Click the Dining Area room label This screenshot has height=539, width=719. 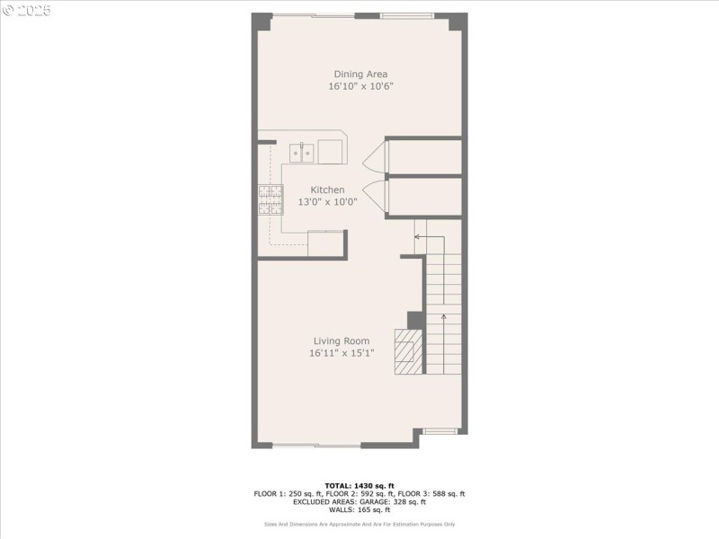coord(360,75)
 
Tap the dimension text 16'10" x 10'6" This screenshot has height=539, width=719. coord(360,87)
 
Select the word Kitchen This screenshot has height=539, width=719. coord(327,190)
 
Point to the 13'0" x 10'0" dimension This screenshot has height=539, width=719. coord(327,202)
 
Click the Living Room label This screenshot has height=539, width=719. coord(342,340)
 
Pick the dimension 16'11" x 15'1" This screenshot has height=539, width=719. coord(342,353)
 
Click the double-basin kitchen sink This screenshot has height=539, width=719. coord(301,153)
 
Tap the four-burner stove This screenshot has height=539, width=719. coord(271,199)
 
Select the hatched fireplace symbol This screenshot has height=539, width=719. coord(407,351)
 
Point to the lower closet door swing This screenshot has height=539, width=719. coord(375,197)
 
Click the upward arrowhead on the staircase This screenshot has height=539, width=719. coord(443,315)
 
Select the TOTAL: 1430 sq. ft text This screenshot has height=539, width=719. coord(359,485)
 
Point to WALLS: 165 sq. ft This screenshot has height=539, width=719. coord(359,509)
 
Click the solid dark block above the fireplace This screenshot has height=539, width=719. coord(415,320)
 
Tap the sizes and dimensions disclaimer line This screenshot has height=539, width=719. coord(359,524)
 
